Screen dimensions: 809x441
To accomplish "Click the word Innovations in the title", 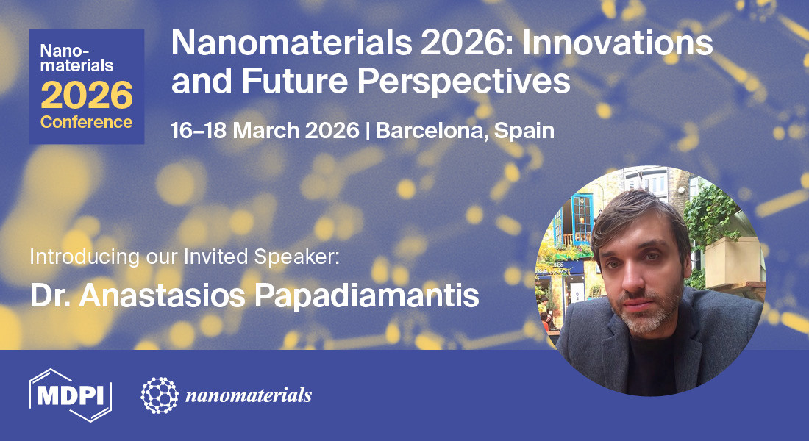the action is point(618,43).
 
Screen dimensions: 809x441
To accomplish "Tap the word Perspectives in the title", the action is point(464,82).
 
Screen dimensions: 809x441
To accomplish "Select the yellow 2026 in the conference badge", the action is point(87,95).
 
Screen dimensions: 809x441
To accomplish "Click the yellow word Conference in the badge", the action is point(87,122).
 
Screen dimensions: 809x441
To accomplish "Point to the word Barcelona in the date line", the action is point(432,131).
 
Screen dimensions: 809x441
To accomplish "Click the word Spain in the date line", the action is point(524,131).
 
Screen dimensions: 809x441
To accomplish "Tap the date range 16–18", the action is point(198,131).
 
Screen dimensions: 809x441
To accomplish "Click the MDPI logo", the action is point(71,395).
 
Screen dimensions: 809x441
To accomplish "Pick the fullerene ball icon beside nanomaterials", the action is point(160,395).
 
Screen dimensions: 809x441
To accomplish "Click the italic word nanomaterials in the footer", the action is point(249,395).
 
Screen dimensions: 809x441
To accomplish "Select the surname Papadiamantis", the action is point(366,295).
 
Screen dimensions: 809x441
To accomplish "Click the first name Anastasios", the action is point(162,295).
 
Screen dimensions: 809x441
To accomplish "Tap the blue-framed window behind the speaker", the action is point(582,219).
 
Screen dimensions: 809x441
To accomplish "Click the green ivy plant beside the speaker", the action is point(711,217).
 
